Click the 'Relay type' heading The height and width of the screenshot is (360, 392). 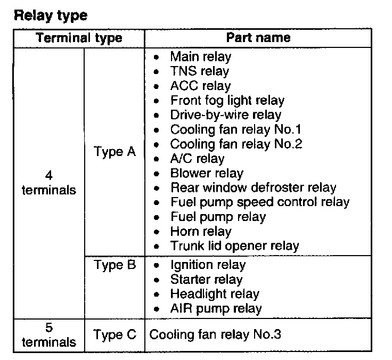click(x=50, y=15)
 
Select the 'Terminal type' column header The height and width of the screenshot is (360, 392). click(x=79, y=38)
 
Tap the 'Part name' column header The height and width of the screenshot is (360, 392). click(x=258, y=37)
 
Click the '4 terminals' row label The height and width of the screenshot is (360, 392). click(x=49, y=183)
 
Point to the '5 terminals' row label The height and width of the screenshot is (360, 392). click(x=49, y=334)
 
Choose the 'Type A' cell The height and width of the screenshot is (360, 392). click(x=115, y=152)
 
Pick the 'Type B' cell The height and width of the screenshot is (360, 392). click(x=115, y=265)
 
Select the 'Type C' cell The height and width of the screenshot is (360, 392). click(x=115, y=335)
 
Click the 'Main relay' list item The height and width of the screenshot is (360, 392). click(x=201, y=56)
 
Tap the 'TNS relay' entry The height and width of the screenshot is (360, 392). click(x=199, y=71)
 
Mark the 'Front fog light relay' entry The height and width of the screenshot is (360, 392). click(x=227, y=100)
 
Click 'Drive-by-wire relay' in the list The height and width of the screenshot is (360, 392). click(x=226, y=114)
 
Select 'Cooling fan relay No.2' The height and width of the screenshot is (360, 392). click(x=236, y=144)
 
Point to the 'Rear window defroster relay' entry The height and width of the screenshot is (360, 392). click(x=253, y=187)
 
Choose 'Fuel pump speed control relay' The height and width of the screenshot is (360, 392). click(x=259, y=202)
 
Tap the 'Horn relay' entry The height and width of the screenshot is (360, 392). click(x=201, y=232)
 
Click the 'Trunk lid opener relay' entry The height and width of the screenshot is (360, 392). click(x=234, y=246)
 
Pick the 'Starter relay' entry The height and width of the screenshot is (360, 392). click(x=206, y=280)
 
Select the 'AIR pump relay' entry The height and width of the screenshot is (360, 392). click(x=216, y=308)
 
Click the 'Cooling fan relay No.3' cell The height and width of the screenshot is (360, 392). click(x=215, y=335)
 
